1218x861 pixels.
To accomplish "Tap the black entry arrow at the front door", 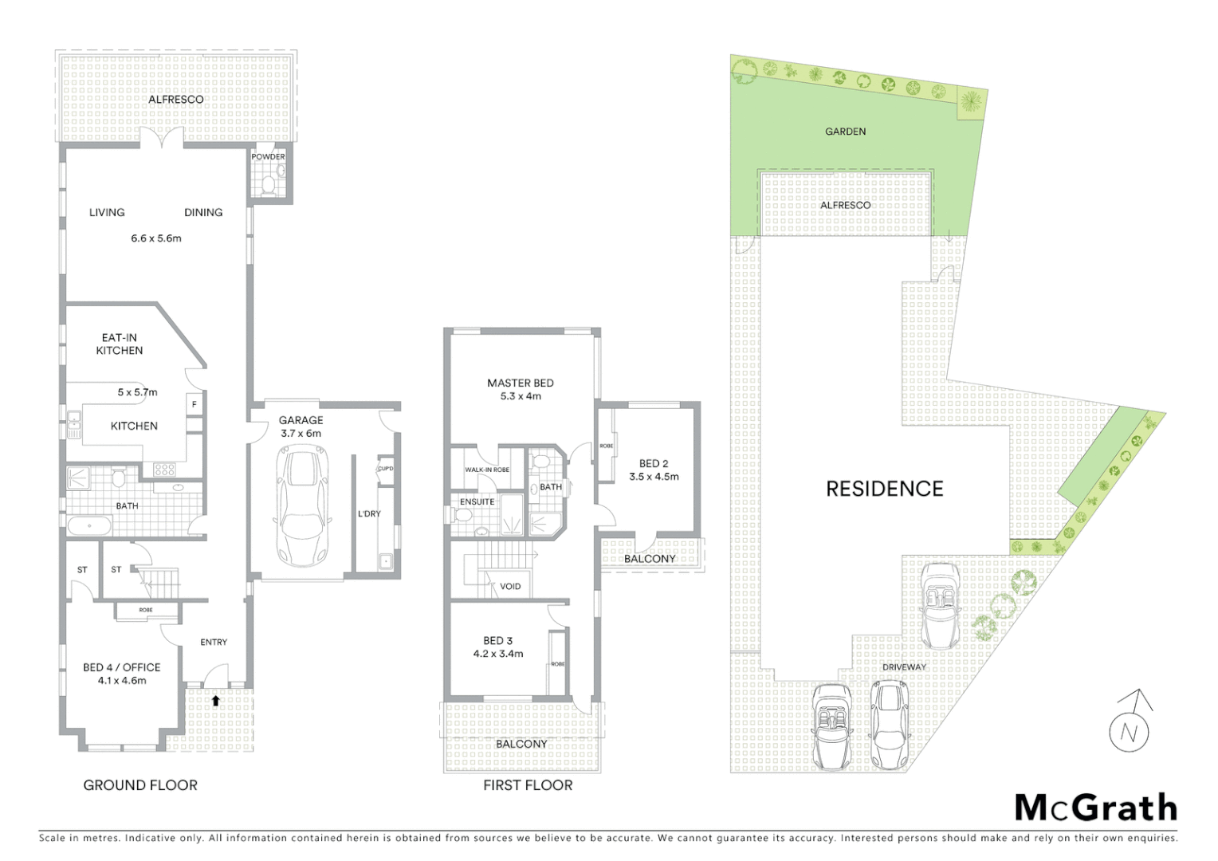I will (215, 701).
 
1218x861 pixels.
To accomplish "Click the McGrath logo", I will (1095, 808).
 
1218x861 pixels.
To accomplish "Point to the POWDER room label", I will (268, 157).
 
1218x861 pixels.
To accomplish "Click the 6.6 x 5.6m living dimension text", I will (156, 238).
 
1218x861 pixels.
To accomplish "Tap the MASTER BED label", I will (520, 383).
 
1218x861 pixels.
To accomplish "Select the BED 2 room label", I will (654, 463).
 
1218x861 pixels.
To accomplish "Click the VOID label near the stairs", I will (510, 586).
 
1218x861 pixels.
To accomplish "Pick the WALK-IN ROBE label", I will (487, 470).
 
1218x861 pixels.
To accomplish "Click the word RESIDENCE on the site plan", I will (884, 489).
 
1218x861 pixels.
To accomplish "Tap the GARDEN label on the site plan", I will (845, 132).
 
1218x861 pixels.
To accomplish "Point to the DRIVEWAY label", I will (904, 666).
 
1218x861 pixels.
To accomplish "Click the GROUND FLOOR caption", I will (140, 785).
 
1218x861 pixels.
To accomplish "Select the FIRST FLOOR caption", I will (528, 785).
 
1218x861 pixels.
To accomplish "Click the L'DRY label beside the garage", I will (369, 513).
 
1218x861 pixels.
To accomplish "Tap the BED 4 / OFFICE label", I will (122, 667).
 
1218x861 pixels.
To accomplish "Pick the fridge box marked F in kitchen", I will (194, 403).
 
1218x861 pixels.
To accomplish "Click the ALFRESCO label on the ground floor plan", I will (175, 100).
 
